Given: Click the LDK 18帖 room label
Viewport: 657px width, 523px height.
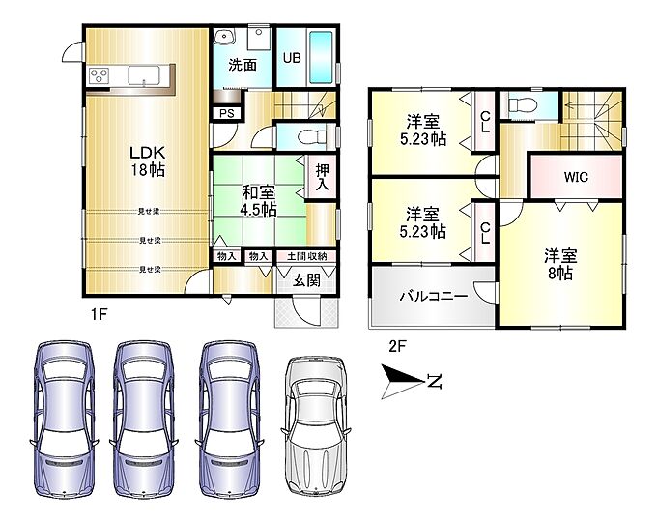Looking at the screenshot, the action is click(x=148, y=161).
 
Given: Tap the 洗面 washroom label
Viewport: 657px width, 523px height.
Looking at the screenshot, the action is click(x=243, y=65).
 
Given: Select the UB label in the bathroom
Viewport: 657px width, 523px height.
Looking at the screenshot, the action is click(x=292, y=57).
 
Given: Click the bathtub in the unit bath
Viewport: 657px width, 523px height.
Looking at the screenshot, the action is click(x=321, y=58).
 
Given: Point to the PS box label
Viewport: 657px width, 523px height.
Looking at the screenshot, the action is click(x=227, y=114).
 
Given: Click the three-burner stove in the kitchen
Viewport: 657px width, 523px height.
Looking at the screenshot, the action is click(x=99, y=76).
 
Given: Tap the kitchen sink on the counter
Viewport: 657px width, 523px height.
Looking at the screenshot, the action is click(x=144, y=75).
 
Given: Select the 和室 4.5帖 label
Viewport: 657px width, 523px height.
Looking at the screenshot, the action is click(x=259, y=201).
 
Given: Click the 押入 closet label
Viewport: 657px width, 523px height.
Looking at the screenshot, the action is click(x=322, y=178).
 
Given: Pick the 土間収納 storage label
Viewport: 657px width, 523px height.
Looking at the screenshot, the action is click(x=306, y=256).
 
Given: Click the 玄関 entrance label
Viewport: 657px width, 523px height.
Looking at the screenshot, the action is click(x=306, y=280).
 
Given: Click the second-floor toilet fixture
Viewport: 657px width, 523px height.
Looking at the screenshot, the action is click(x=523, y=104).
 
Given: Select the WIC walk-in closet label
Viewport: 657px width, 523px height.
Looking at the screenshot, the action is click(x=576, y=177).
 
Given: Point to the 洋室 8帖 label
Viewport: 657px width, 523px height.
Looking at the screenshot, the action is click(x=560, y=264).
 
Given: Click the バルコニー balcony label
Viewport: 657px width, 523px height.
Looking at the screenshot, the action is click(x=433, y=297).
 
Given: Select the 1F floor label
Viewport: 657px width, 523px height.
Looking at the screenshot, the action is click(x=100, y=314).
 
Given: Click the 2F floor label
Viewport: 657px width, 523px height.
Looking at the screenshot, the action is click(x=398, y=346).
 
